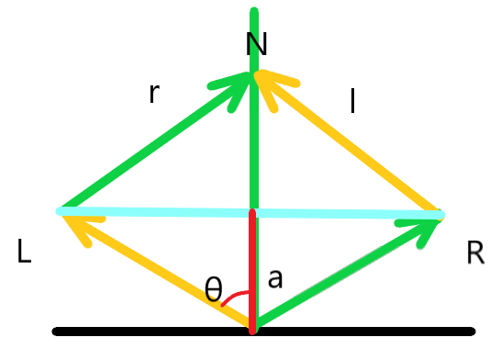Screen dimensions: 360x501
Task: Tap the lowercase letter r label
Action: [154, 93]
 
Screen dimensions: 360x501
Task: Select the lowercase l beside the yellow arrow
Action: [352, 101]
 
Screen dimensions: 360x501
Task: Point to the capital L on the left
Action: [26, 253]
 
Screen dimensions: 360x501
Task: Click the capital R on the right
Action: [474, 253]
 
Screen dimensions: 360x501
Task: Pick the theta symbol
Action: [213, 291]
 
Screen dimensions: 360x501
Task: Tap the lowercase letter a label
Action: [274, 279]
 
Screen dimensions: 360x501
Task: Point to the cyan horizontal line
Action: [156, 212]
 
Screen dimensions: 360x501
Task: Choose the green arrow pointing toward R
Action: [349, 271]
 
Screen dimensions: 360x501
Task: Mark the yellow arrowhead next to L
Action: [77, 226]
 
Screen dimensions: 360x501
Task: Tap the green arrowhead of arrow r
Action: [233, 87]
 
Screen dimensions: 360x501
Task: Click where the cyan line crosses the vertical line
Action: [252, 213]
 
